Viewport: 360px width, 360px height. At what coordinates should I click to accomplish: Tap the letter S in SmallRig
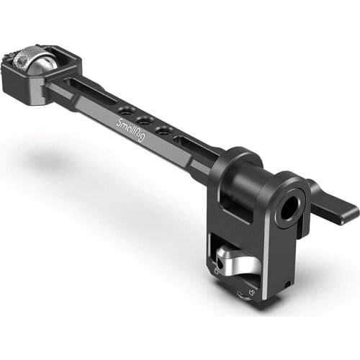[x=120, y=122]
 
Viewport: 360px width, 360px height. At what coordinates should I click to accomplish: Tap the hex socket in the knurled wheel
[x=17, y=54]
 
